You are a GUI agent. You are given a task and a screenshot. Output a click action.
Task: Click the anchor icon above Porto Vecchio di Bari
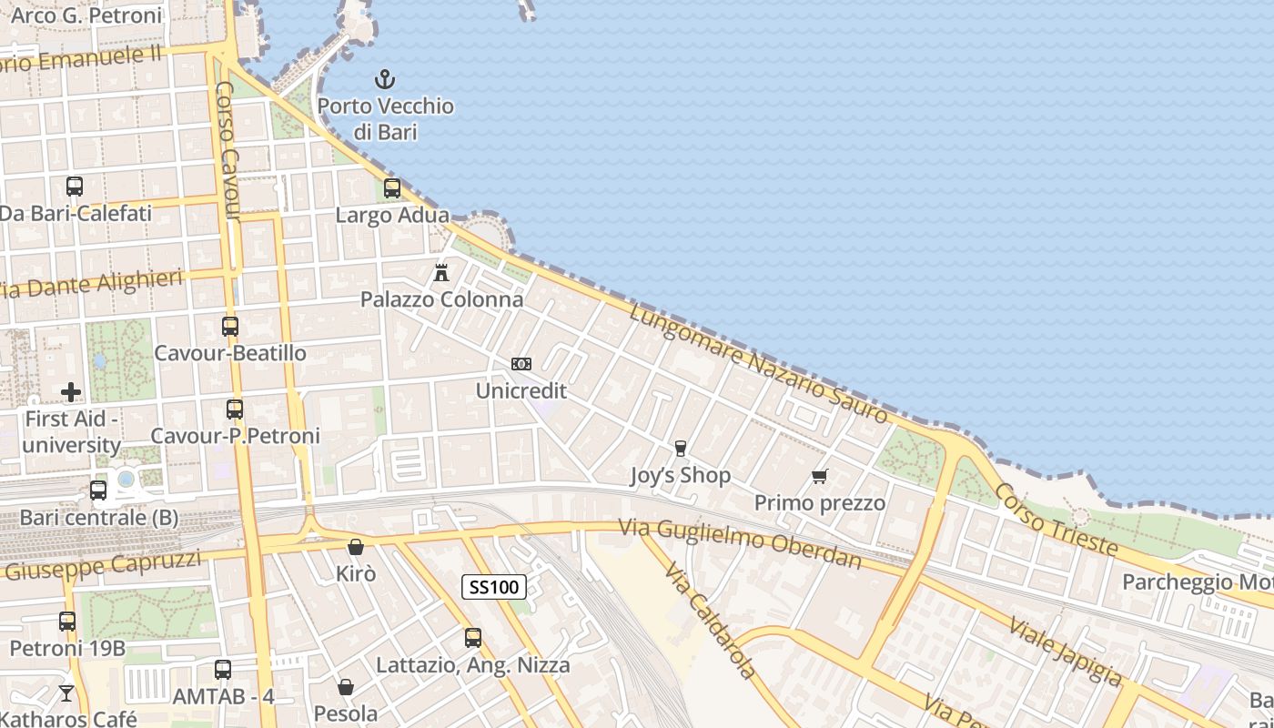(x=385, y=79)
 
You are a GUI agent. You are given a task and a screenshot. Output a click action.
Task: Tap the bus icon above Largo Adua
(x=392, y=188)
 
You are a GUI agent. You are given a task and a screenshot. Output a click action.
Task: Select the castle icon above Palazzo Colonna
(x=441, y=272)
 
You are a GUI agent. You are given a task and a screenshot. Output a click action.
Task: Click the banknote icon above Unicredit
(x=521, y=364)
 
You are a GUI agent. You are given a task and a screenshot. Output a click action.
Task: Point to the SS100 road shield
(x=494, y=587)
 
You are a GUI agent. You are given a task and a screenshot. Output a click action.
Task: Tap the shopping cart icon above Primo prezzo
(x=819, y=476)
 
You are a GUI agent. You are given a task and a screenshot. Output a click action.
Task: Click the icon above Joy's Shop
(x=680, y=448)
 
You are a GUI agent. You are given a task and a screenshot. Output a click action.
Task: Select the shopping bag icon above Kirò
(x=356, y=547)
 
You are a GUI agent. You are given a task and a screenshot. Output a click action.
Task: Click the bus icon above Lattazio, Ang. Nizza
(x=472, y=638)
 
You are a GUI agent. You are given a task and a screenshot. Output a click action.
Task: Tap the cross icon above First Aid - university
(x=71, y=392)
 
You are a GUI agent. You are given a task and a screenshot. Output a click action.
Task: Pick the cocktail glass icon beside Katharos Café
(x=66, y=693)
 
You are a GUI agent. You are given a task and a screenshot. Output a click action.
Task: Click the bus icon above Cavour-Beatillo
(x=230, y=326)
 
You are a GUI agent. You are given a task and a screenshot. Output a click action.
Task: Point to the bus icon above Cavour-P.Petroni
(x=235, y=409)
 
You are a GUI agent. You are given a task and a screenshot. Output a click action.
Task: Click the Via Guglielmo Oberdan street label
(x=740, y=543)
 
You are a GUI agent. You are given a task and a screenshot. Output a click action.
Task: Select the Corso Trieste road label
(x=1056, y=519)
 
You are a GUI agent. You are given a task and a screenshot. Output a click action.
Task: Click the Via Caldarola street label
(x=709, y=621)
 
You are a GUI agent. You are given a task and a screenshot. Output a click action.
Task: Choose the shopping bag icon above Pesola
(x=345, y=687)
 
